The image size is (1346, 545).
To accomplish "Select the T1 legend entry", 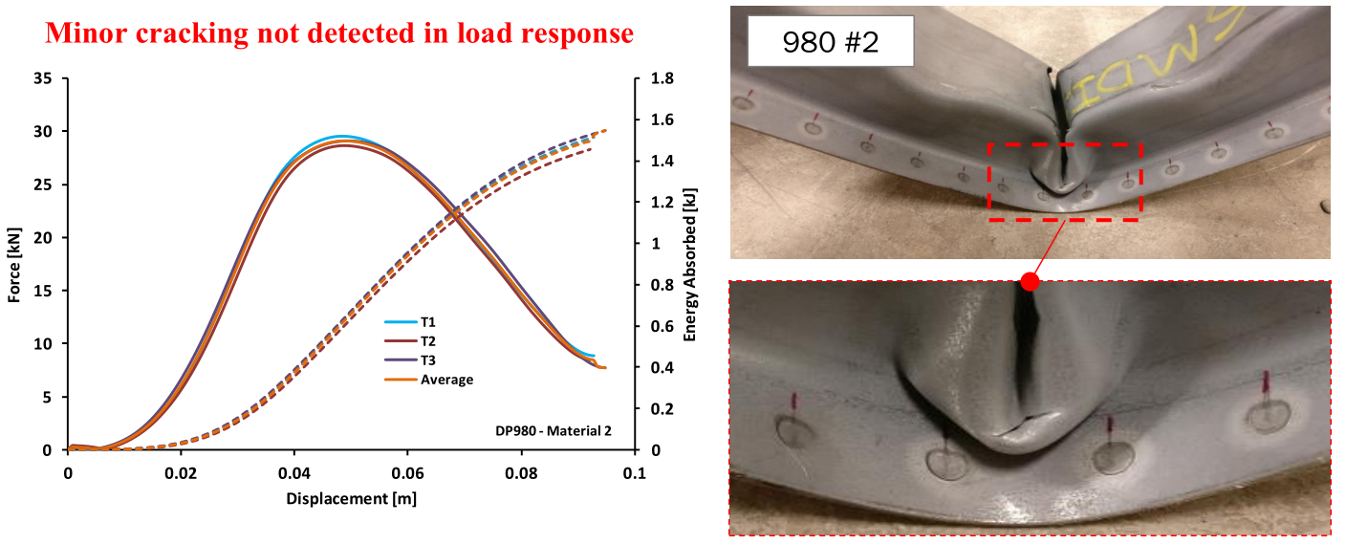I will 427,322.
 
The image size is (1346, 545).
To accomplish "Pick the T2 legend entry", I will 427,341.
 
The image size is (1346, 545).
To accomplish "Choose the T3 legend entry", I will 427,360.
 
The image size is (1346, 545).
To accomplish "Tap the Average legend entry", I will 445,380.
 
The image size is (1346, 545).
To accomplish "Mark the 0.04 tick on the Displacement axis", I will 293,472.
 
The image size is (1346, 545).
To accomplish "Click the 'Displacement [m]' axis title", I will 351,498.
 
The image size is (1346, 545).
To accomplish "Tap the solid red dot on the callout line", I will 1030,281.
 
